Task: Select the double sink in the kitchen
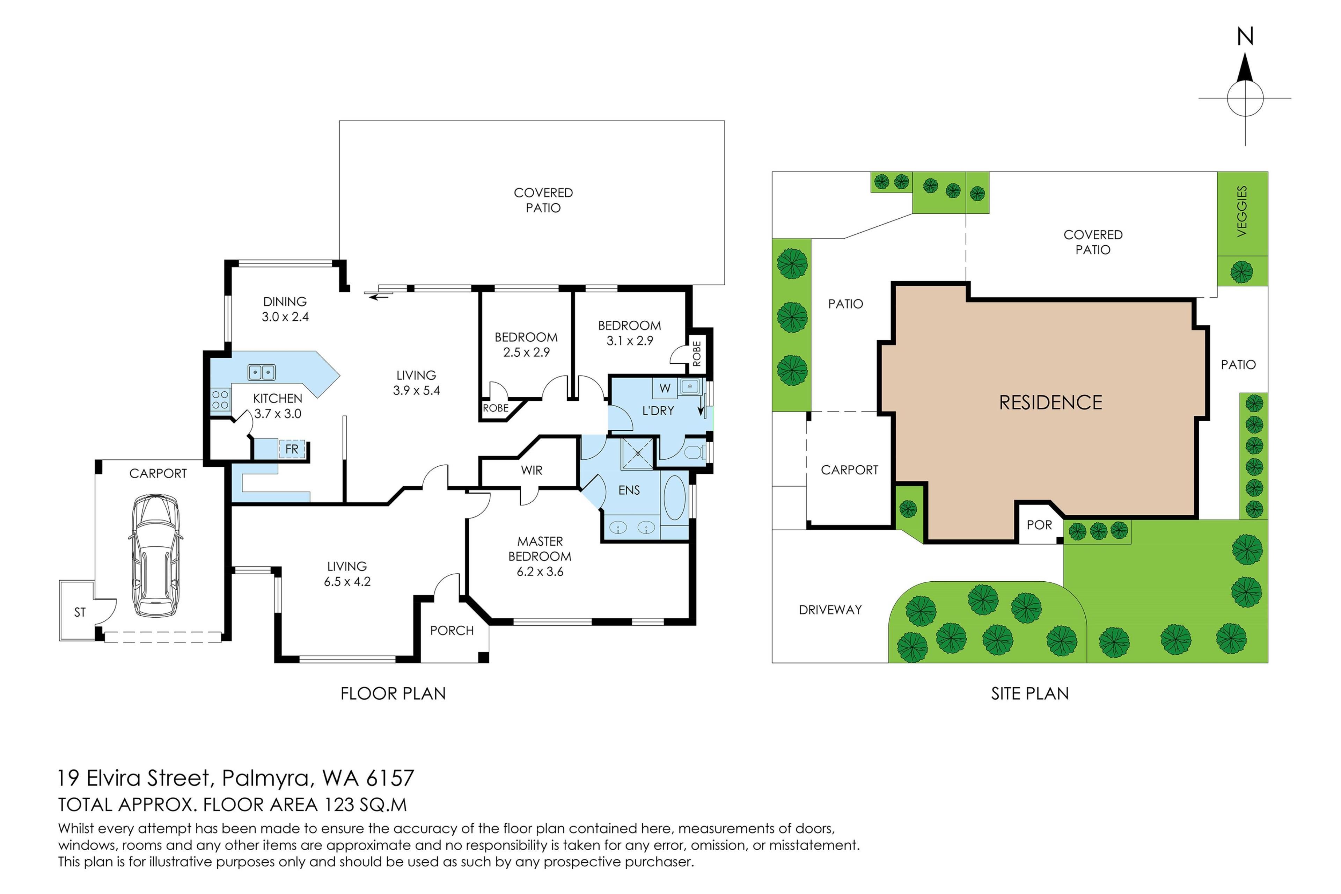262,373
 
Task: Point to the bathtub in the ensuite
675,498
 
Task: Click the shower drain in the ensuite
637,453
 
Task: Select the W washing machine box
665,388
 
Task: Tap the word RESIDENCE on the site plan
1050,402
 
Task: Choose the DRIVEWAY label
830,610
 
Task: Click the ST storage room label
80,612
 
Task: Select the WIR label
531,470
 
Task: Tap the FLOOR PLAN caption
393,694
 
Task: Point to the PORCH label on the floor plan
452,631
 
